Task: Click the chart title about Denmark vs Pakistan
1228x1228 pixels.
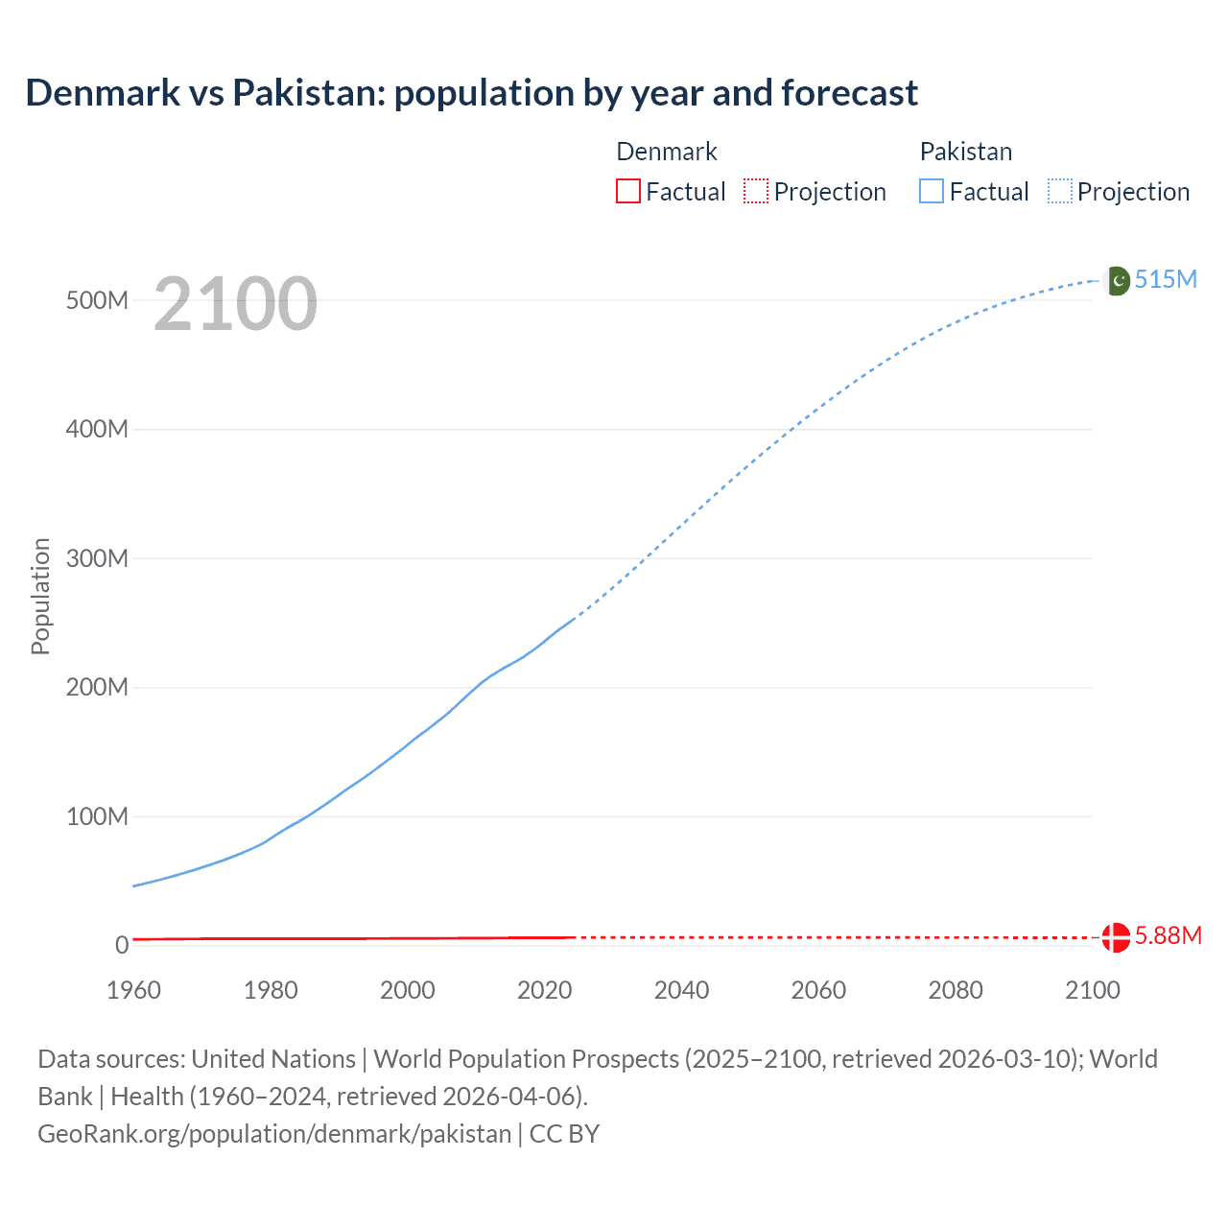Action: [x=471, y=93]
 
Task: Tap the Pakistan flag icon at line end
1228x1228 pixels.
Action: [x=1117, y=280]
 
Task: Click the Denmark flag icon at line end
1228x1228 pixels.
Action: [x=1116, y=936]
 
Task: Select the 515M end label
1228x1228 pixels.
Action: [x=1166, y=279]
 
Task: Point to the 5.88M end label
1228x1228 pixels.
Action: [x=1168, y=935]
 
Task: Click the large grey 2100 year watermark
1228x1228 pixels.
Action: [x=235, y=304]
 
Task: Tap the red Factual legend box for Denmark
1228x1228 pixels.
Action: [x=627, y=191]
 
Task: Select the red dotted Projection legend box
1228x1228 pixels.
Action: [x=756, y=191]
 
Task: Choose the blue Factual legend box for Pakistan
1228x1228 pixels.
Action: [x=932, y=191]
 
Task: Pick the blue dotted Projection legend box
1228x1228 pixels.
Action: [x=1060, y=191]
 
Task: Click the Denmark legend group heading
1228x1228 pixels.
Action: [x=667, y=152]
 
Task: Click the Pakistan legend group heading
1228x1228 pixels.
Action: [x=966, y=152]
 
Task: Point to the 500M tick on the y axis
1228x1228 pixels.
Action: [x=97, y=300]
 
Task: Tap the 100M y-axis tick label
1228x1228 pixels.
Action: [x=97, y=816]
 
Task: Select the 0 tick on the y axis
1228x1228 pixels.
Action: [x=121, y=945]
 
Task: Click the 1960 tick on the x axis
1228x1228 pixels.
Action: [x=133, y=990]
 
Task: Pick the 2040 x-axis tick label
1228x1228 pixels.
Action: [x=681, y=990]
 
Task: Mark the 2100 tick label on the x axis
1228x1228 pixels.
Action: [x=1092, y=990]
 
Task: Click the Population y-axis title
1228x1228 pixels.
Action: [x=40, y=596]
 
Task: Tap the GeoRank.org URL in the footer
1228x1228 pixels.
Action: [x=274, y=1134]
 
